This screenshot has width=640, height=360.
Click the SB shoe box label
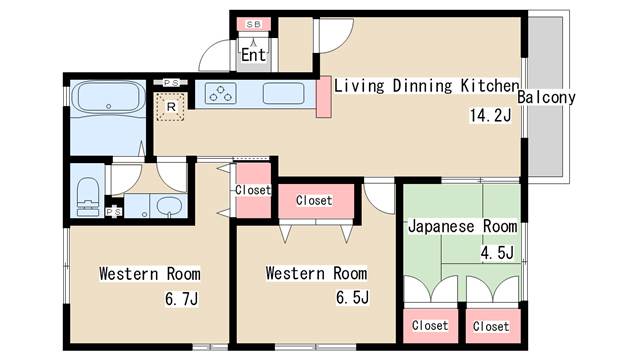coord(253,24)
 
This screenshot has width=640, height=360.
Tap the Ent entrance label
coord(253,55)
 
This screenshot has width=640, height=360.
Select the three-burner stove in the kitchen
coord(220,93)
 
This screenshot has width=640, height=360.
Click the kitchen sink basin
coord(283,93)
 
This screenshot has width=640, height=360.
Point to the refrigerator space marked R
coord(171,107)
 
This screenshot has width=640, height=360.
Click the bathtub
coord(108,97)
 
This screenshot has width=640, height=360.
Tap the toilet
coord(88,195)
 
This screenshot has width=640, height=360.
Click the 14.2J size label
coord(490,116)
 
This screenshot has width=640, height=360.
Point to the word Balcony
coord(546,97)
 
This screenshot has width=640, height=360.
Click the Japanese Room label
coord(463,226)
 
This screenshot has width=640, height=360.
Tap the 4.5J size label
coord(497,253)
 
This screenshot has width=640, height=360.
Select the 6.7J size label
coord(182,299)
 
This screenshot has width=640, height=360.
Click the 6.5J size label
coord(353,298)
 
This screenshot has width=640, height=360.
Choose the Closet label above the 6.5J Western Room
coord(314,200)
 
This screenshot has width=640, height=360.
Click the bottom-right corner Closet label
coord(491,326)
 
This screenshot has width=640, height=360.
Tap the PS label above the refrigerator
coord(171,83)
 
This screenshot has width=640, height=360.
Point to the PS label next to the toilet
coord(113,212)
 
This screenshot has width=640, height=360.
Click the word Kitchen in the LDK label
coord(490,86)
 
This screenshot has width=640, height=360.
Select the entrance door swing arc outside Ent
coord(209,50)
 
